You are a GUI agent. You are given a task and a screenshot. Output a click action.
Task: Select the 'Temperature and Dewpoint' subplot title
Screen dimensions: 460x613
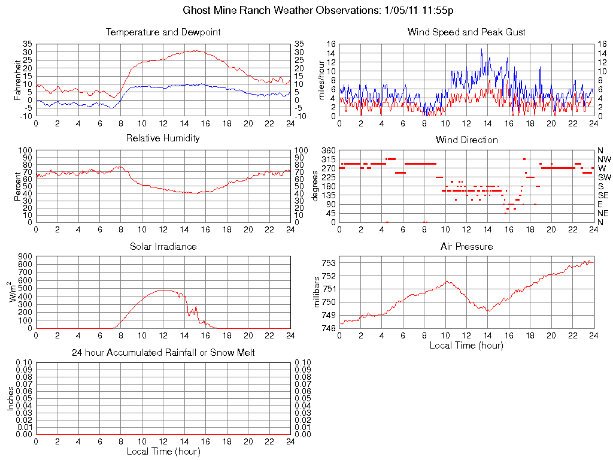pyautogui.click(x=163, y=32)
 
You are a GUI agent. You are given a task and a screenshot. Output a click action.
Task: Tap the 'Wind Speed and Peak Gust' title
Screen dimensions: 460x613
pyautogui.click(x=466, y=32)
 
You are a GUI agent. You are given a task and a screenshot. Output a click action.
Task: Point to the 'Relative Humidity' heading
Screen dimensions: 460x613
pyautogui.click(x=163, y=138)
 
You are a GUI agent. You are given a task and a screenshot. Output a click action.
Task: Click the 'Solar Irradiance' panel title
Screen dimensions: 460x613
pyautogui.click(x=163, y=247)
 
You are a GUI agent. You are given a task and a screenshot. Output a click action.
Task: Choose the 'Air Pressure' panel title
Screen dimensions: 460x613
pyautogui.click(x=466, y=247)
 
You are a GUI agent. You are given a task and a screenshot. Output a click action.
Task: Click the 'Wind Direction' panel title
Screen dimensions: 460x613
pyautogui.click(x=466, y=140)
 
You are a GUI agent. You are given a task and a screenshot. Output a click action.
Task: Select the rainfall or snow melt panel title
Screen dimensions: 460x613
pyautogui.click(x=163, y=353)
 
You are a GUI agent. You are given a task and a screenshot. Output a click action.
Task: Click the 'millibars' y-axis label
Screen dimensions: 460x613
pyautogui.click(x=317, y=292)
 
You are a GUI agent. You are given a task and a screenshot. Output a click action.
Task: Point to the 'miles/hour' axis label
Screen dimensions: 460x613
pyautogui.click(x=321, y=80)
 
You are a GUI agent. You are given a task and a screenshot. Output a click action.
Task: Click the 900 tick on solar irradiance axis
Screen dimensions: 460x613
pyautogui.click(x=25, y=256)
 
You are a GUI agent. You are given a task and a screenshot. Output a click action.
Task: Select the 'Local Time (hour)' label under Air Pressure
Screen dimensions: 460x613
pyautogui.click(x=466, y=346)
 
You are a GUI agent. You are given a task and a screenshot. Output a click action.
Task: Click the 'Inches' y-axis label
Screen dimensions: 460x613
pyautogui.click(x=10, y=398)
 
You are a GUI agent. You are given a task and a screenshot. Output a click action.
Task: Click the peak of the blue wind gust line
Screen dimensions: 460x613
pyautogui.click(x=481, y=49)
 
